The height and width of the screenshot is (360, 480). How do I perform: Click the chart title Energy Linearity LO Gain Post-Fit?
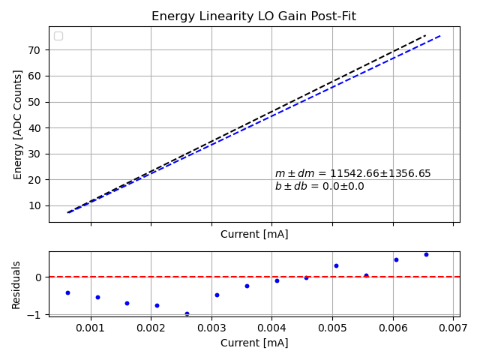(x=253, y=16)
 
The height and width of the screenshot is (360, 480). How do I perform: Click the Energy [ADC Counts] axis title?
(x=18, y=124)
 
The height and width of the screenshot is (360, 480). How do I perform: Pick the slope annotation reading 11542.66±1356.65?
(x=352, y=174)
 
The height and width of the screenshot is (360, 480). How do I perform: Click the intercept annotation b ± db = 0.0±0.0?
(x=319, y=187)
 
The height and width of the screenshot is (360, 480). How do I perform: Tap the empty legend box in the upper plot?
(x=58, y=36)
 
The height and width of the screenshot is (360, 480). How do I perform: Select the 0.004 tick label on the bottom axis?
(x=271, y=328)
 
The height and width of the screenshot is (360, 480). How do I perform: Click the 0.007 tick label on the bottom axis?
(x=453, y=328)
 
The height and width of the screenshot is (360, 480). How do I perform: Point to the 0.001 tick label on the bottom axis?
(x=91, y=328)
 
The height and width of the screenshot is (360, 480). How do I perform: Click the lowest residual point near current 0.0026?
(x=187, y=313)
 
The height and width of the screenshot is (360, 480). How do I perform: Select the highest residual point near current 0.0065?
(x=426, y=254)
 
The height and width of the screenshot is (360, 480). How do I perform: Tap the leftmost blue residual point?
(x=67, y=292)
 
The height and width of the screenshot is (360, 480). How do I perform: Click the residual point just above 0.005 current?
(x=336, y=265)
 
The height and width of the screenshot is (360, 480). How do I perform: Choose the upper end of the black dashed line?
(x=425, y=34)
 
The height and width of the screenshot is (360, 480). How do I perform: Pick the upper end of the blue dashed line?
(x=440, y=35)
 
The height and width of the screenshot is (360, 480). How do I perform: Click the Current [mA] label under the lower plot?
(x=254, y=343)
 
